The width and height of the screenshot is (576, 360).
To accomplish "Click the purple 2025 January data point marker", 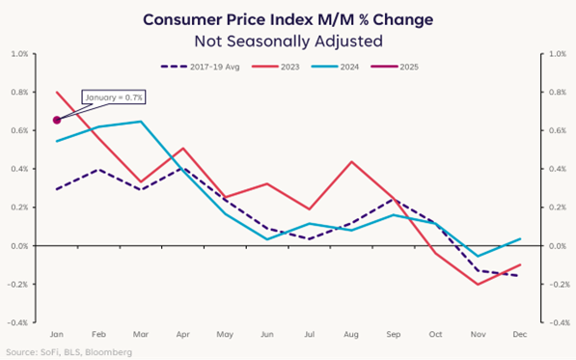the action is (x=57, y=120).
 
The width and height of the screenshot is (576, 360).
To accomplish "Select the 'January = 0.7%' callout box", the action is (x=114, y=97).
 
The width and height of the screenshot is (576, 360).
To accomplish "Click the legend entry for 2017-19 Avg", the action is (x=201, y=67).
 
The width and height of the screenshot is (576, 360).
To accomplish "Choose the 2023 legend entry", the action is (x=276, y=67).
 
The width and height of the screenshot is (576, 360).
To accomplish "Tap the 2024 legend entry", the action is (x=335, y=67).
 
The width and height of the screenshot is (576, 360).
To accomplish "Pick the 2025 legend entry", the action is (x=395, y=67).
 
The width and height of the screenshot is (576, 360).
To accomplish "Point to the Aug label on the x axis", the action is (x=351, y=334).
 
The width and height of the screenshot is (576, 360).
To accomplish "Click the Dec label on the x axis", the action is (x=520, y=334).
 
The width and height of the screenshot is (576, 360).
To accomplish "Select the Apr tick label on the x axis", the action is (x=183, y=334).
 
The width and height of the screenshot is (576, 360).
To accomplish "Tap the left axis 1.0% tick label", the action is (x=20, y=54).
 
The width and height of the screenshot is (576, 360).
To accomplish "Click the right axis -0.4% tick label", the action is (x=560, y=323).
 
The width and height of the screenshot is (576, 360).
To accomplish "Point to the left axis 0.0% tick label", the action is (x=20, y=246).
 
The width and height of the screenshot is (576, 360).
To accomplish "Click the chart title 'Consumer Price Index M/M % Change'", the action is (x=288, y=19).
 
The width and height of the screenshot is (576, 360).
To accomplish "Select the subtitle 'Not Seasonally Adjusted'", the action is (x=288, y=42).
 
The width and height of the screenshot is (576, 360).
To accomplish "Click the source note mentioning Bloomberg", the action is (x=69, y=352).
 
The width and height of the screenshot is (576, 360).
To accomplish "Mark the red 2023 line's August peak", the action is (x=351, y=161).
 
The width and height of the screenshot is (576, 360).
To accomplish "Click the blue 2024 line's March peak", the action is (x=141, y=122).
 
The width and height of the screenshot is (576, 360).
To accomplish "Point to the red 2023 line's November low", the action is (x=478, y=285).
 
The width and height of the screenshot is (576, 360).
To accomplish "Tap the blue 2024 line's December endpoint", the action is (x=521, y=238).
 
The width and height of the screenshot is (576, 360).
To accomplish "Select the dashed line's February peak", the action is (x=98, y=169).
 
